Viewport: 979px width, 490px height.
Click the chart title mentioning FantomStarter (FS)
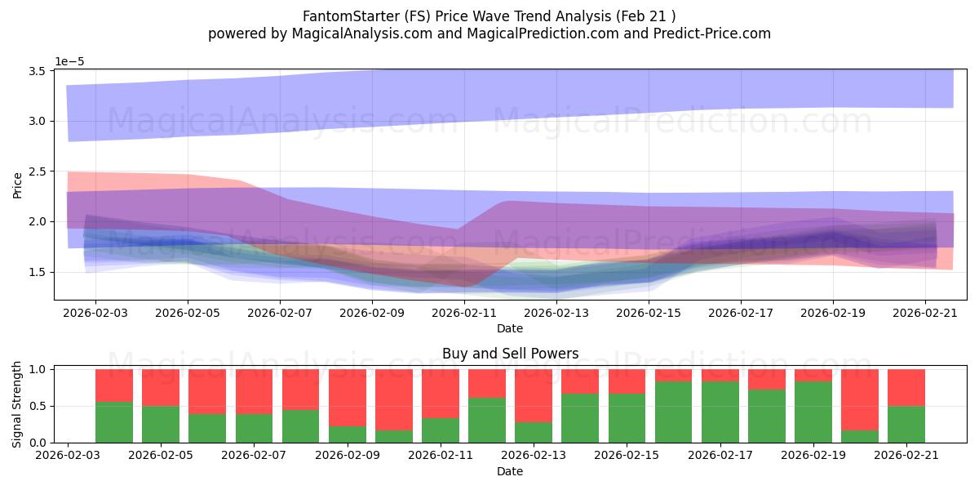click(489, 16)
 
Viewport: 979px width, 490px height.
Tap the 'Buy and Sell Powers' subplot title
click(510, 353)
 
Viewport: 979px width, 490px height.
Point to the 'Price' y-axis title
click(17, 185)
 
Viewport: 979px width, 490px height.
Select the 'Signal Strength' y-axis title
click(16, 405)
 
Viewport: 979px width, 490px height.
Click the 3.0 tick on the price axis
click(38, 121)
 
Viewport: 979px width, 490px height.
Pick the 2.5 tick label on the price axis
click(38, 171)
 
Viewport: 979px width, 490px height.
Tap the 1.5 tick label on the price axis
click(38, 272)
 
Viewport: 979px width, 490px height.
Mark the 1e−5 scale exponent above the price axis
click(69, 61)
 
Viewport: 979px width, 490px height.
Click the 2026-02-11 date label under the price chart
click(464, 314)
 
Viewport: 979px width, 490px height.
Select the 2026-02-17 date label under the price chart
click(741, 314)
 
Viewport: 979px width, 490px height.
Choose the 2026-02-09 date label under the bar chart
click(348, 455)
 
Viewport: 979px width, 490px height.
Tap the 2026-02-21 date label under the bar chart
click(906, 455)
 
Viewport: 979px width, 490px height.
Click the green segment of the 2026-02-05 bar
click(161, 425)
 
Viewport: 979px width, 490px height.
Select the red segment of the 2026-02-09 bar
click(348, 398)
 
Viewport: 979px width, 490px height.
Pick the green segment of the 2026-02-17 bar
click(720, 412)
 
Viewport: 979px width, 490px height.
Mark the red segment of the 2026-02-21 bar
click(906, 388)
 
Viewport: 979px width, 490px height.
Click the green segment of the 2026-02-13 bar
click(534, 432)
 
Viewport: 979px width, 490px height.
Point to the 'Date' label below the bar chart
click(510, 471)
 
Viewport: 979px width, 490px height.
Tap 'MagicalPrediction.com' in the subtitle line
click(543, 33)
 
